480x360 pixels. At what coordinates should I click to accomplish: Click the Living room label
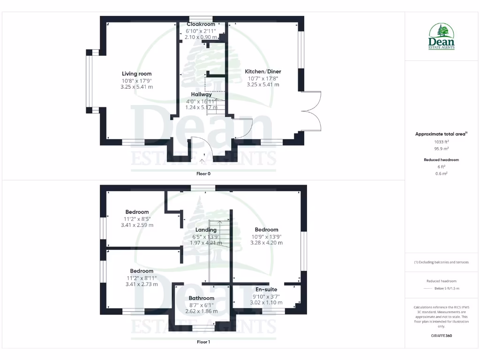pos(136,74)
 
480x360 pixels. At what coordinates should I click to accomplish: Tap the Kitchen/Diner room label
pos(263,71)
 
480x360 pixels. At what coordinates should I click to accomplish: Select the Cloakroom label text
pos(201,24)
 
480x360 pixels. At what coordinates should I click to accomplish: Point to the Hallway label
pos(201,94)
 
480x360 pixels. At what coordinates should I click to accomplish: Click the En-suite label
pos(266,290)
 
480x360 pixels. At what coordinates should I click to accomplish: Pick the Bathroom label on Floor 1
pos(202,298)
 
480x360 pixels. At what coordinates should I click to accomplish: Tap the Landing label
pos(206,230)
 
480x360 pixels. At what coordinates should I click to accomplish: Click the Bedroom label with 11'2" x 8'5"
pos(137,212)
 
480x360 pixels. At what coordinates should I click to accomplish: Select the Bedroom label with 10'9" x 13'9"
pos(266,230)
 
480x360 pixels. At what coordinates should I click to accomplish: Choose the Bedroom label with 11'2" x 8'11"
pos(142,271)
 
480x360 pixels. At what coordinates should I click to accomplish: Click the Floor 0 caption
pos(203,173)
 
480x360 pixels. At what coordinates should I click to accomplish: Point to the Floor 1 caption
pos(203,342)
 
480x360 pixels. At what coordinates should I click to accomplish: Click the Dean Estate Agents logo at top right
pos(442,37)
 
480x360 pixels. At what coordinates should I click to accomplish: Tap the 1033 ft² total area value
pos(441,141)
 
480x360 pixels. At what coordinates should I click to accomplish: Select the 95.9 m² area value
pos(441,149)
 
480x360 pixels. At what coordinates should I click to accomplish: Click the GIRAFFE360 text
pos(441,336)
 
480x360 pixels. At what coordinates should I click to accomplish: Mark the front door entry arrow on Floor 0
pos(202,161)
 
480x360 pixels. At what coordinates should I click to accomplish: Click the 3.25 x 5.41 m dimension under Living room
pos(136,87)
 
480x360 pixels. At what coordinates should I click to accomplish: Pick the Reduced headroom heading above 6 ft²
pos(441,160)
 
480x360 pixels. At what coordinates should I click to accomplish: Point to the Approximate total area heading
pos(441,134)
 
